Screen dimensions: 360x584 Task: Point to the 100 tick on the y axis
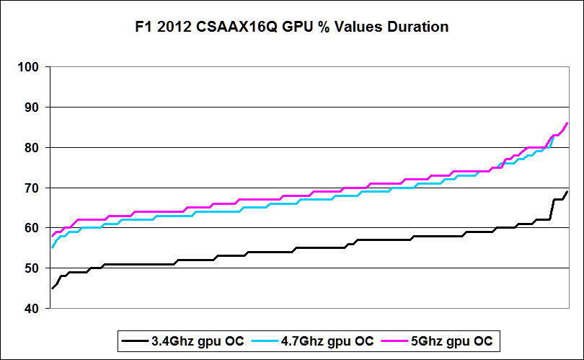click(x=30, y=67)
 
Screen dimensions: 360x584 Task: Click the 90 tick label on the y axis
click(x=32, y=107)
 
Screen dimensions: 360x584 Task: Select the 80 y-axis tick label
click(x=32, y=148)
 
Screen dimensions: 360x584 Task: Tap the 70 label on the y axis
click(x=32, y=188)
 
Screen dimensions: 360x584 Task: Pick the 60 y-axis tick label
click(x=32, y=228)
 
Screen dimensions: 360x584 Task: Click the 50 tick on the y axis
click(x=32, y=268)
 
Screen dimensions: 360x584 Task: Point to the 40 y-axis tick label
click(x=32, y=308)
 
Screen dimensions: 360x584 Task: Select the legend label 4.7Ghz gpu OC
click(x=327, y=341)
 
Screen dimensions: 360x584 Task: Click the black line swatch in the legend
click(x=135, y=341)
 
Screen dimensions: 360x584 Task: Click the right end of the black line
click(x=567, y=192)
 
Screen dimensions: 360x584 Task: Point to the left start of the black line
click(x=51, y=289)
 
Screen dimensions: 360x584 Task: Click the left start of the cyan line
click(x=51, y=248)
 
